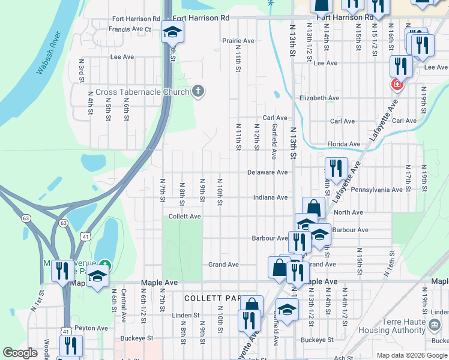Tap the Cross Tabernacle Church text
141,92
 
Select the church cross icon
198,91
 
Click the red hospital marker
396,85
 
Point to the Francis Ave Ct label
130,29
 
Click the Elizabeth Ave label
319,98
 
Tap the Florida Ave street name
343,144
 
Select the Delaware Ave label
267,172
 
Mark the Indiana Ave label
270,197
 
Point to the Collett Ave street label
184,216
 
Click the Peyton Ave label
93,328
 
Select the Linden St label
185,315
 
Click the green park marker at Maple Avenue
105,265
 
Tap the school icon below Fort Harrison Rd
172,32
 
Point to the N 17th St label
408,175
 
